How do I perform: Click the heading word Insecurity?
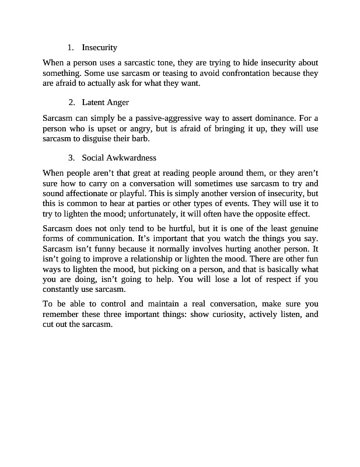[x=99, y=47]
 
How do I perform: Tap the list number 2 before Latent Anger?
[x=71, y=102]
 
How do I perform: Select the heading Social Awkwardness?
[x=119, y=158]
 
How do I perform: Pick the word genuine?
[x=302, y=228]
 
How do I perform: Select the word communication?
[x=102, y=238]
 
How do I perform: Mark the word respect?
[x=276, y=279]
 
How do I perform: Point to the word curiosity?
[x=230, y=314]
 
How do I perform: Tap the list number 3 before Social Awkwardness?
[x=71, y=158]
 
